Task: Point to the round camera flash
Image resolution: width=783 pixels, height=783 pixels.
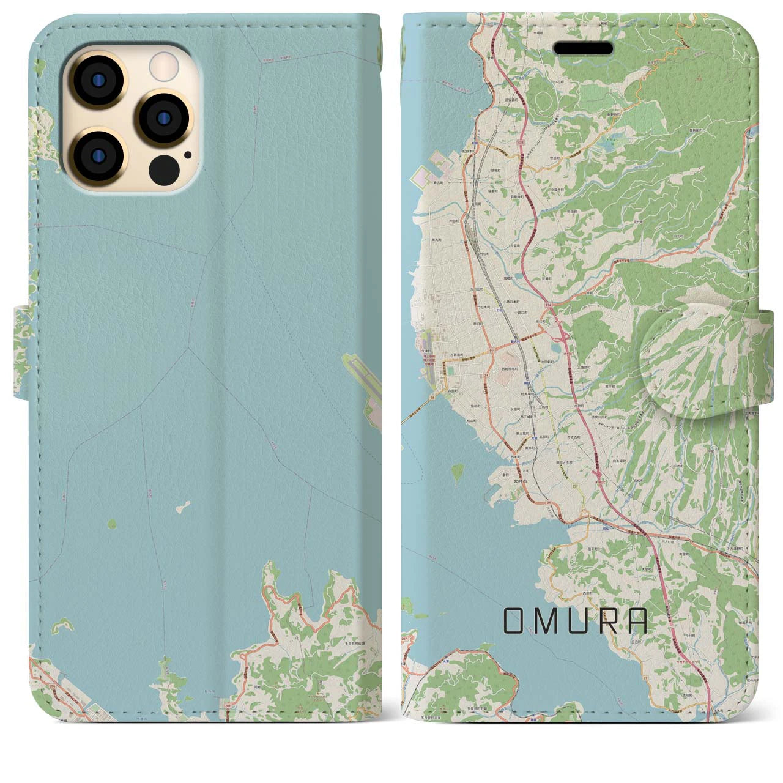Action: click(164, 64)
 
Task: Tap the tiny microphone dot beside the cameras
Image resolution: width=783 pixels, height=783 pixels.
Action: click(187, 155)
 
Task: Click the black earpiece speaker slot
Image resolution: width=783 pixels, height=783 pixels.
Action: click(583, 49)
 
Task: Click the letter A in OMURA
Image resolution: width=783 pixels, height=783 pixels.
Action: click(638, 622)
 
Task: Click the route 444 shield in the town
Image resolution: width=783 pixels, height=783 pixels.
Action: click(475, 351)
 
